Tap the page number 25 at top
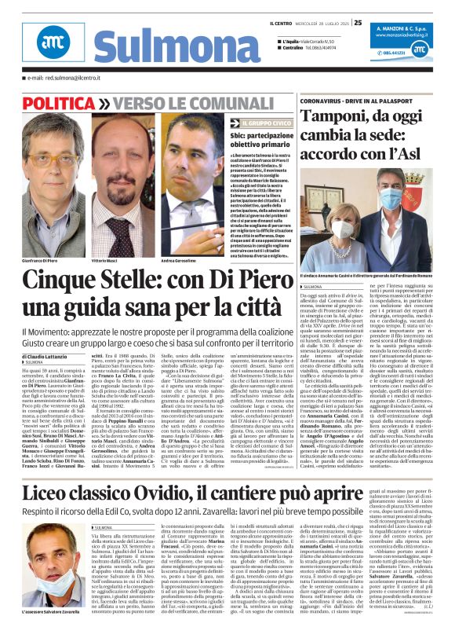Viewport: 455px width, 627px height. click(357, 22)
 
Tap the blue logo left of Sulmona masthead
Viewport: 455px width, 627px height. click(59, 46)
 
